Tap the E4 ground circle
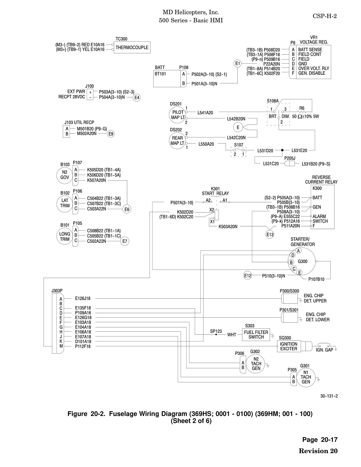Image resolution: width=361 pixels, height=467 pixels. click(137, 97)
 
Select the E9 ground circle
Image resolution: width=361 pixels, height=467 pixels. click(111, 134)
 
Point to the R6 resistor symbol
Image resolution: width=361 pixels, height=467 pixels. click(302, 112)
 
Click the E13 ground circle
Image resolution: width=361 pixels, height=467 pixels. click(270, 235)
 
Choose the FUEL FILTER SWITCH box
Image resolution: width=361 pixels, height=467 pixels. click(256, 335)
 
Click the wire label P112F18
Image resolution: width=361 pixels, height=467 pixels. click(83, 346)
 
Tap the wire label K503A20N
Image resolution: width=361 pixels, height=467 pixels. click(228, 227)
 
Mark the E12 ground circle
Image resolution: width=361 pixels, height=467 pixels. click(248, 275)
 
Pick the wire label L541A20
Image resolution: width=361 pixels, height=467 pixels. click(205, 113)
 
